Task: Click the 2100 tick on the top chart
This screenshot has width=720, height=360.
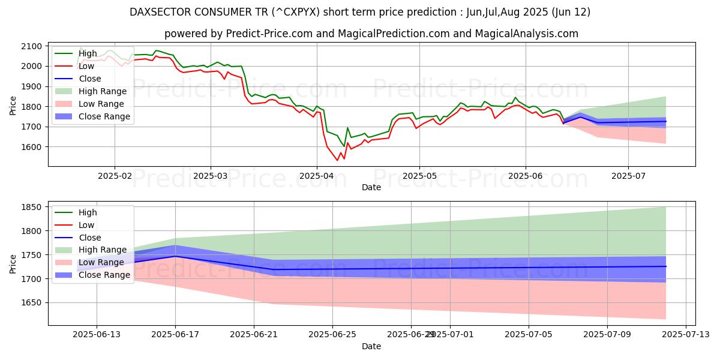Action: pyautogui.click(x=32, y=46)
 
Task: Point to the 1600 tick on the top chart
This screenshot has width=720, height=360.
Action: pyautogui.click(x=32, y=147)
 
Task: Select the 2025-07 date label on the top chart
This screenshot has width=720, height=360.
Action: pyautogui.click(x=628, y=176)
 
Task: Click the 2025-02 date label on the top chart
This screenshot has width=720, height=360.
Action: pyautogui.click(x=115, y=176)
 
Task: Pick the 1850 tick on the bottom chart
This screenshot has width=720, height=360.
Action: pyautogui.click(x=32, y=207)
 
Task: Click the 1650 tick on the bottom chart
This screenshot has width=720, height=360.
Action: pyautogui.click(x=32, y=303)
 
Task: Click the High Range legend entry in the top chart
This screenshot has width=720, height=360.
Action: pyautogui.click(x=103, y=91)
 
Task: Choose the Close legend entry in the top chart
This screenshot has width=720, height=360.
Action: pyautogui.click(x=90, y=79)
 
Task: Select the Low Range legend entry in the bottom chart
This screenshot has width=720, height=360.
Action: pyautogui.click(x=102, y=262)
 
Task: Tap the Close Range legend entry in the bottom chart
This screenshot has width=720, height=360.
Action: pyautogui.click(x=104, y=275)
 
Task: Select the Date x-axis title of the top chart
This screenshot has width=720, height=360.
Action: pyautogui.click(x=371, y=187)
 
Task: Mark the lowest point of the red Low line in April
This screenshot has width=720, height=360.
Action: pyautogui.click(x=337, y=160)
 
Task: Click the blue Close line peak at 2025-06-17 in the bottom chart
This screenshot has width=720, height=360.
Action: pyautogui.click(x=176, y=256)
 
